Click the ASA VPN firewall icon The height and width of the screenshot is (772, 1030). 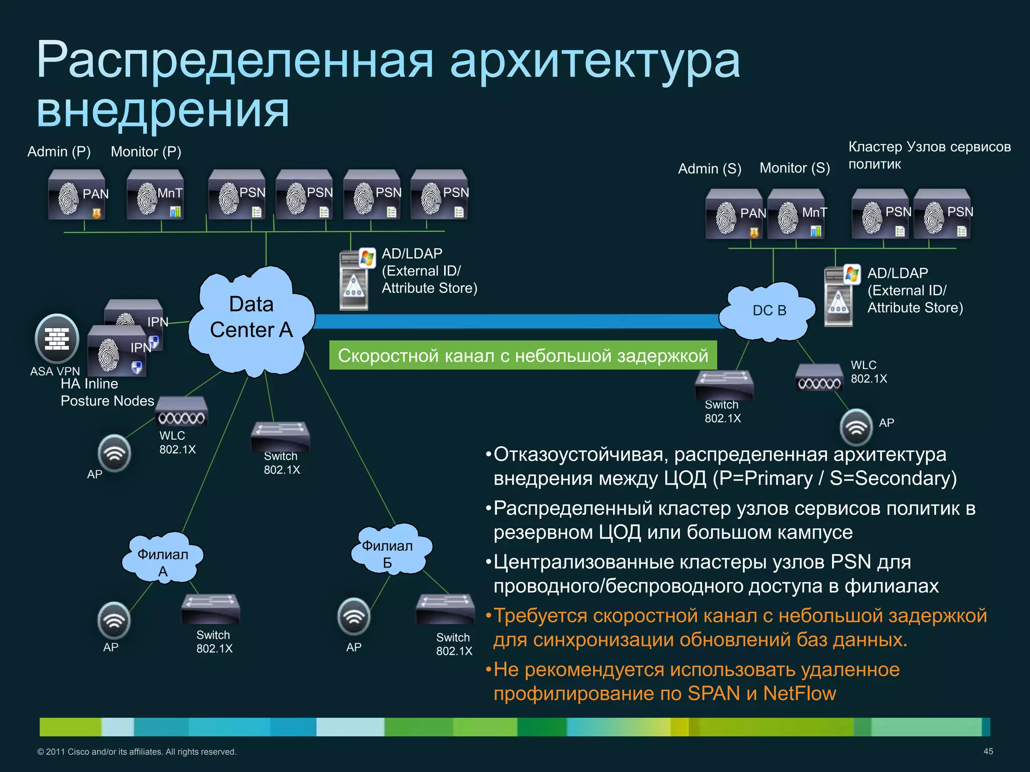[57, 338]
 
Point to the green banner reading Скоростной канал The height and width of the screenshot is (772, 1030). [523, 355]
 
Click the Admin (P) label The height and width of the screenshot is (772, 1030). [59, 152]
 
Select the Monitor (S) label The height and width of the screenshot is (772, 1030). [795, 168]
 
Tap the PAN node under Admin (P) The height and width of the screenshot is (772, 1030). [77, 196]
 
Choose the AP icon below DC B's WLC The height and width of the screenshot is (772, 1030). [856, 427]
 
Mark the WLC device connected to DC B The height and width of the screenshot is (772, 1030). [819, 378]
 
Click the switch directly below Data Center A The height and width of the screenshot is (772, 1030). [280, 436]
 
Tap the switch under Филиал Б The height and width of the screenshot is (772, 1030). [445, 609]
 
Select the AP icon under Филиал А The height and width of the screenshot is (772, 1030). [114, 620]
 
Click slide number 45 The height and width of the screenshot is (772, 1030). [988, 751]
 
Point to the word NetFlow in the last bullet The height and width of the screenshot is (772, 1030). [799, 694]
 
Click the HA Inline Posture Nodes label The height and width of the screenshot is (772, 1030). [107, 393]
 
